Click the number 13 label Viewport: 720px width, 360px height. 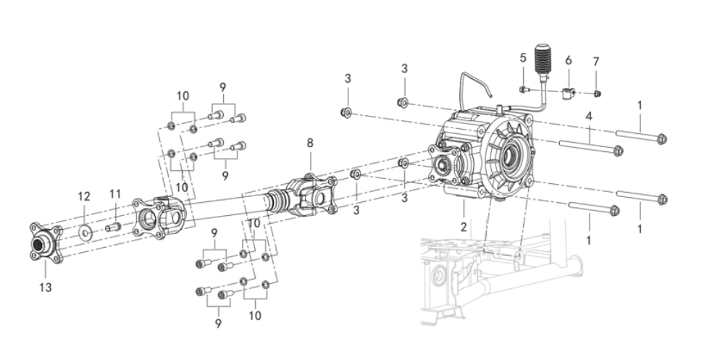[45, 288]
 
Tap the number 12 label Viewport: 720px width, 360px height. [83, 196]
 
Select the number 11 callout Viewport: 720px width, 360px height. [114, 194]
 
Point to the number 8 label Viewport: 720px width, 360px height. [310, 143]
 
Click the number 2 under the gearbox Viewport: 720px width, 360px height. [464, 227]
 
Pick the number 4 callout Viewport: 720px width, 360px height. [589, 116]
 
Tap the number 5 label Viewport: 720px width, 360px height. [523, 58]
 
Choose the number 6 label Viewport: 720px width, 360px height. [569, 60]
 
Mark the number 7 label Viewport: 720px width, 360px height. [596, 62]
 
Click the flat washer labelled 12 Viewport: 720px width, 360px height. [85, 232]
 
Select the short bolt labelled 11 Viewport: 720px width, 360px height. [112, 227]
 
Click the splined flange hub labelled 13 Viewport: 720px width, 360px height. [45, 243]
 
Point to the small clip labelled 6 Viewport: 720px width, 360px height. [568, 93]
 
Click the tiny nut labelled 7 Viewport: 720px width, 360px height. [598, 93]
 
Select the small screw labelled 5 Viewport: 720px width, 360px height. [524, 90]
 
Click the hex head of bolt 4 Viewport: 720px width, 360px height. [618, 150]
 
